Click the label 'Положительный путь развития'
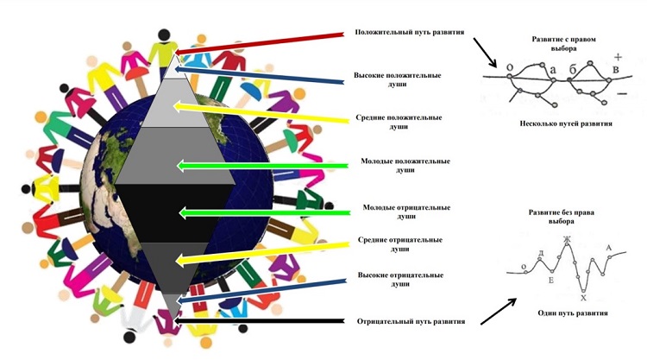point(410,32)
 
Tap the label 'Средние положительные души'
point(399,122)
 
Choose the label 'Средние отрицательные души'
point(399,244)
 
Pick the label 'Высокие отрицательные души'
point(399,279)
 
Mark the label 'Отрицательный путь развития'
point(411,321)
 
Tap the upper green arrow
point(259,164)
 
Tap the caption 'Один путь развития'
point(566,312)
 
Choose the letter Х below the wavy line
point(584,297)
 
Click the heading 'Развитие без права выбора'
point(566,217)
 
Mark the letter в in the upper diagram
point(615,68)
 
